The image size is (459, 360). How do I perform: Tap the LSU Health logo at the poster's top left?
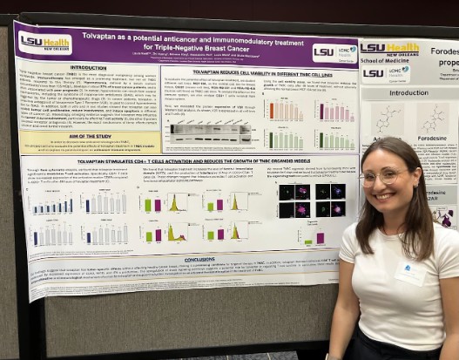(x=44, y=41)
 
